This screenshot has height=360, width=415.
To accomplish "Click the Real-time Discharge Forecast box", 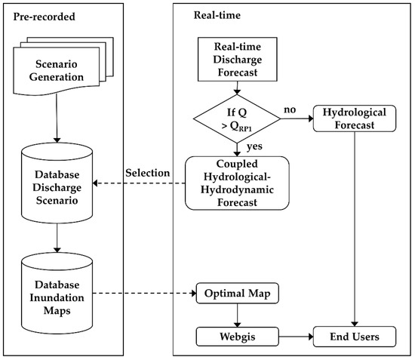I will coord(238,61).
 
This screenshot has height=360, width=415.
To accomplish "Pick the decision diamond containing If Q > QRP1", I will coord(238,120).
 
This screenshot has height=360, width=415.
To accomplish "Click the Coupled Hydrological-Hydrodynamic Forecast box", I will coord(238,182).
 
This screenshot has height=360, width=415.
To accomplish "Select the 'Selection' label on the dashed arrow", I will coord(148,173).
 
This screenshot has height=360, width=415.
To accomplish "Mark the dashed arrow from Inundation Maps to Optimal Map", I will coord(143,293).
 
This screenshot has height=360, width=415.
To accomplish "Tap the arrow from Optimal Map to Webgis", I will coord(238,313).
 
